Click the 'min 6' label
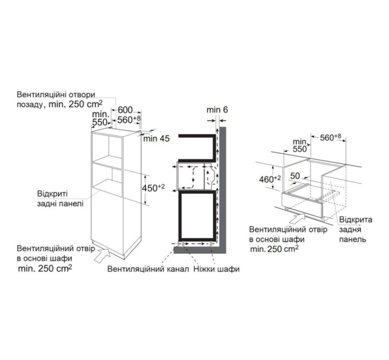click(217, 109)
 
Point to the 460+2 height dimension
click(269, 178)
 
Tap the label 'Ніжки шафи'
click(216, 269)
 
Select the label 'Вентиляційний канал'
click(148, 269)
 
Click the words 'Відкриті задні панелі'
click(60, 198)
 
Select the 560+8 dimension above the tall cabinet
click(129, 119)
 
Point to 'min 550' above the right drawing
click(299, 143)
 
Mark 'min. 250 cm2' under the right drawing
click(275, 249)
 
